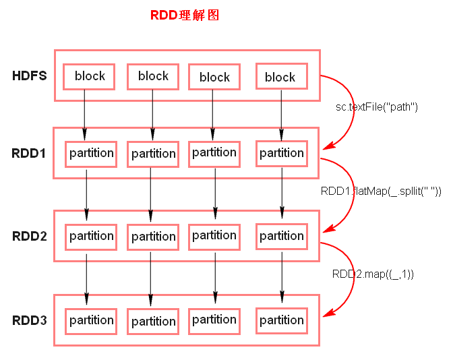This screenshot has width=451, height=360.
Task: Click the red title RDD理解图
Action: tap(184, 15)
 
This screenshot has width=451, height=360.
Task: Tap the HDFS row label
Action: tap(29, 76)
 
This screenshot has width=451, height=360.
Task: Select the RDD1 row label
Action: tap(29, 153)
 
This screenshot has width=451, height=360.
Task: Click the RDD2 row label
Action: tap(29, 236)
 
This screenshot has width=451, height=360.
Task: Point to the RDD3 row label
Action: tap(29, 320)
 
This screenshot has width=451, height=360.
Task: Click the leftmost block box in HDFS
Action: tap(89, 76)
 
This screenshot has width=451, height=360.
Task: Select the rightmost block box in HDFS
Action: tap(280, 77)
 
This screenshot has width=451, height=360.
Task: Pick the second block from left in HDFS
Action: tap(153, 76)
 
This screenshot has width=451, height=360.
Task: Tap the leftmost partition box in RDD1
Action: tap(91, 154)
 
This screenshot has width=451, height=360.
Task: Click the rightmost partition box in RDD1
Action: tap(281, 154)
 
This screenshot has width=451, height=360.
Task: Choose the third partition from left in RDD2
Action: tap(214, 236)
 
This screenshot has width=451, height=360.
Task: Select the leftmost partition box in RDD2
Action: tap(91, 237)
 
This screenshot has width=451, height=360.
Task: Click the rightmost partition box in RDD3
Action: tap(281, 320)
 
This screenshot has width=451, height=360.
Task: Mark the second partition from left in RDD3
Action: tap(154, 321)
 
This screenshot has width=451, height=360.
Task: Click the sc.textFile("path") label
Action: tap(378, 107)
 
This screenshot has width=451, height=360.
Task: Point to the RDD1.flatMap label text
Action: tap(381, 191)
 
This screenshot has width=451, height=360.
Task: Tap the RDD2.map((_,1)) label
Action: tap(373, 274)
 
